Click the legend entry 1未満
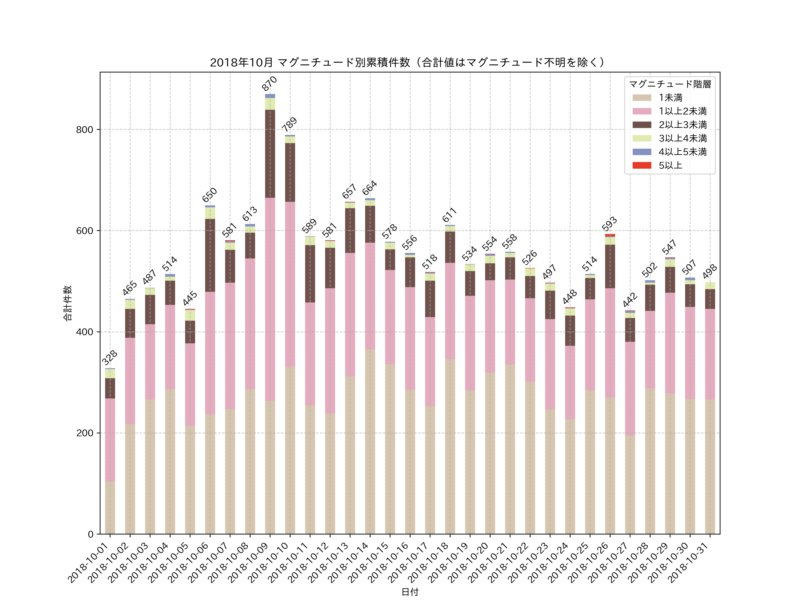click(x=670, y=98)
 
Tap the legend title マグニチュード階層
click(x=670, y=84)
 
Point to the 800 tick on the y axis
click(x=84, y=130)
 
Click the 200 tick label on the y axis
click(x=84, y=433)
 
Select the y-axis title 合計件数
click(x=68, y=303)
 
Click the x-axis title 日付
click(x=410, y=592)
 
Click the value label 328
click(x=110, y=358)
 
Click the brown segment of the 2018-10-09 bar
click(x=270, y=154)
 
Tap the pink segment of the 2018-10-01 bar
click(x=110, y=439)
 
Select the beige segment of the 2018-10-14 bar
click(x=370, y=441)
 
